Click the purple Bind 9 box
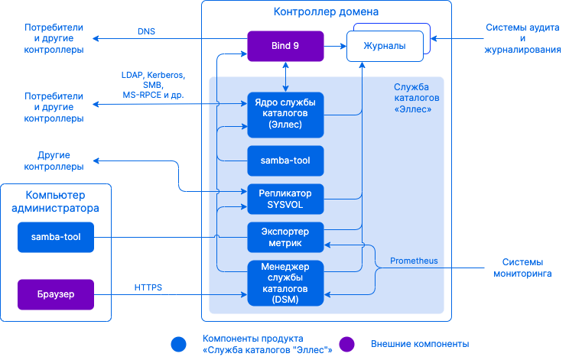click(x=285, y=46)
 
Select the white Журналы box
click(x=385, y=47)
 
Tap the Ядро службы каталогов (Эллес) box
click(x=285, y=114)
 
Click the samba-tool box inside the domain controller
click(x=285, y=161)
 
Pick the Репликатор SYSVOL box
click(x=285, y=199)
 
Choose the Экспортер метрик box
click(x=285, y=237)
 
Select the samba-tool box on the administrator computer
click(x=56, y=237)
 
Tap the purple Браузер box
click(x=56, y=294)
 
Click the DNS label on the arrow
click(x=146, y=32)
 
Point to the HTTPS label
click(x=148, y=287)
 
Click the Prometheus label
click(x=414, y=261)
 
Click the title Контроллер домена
click(x=325, y=12)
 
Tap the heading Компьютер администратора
click(x=56, y=201)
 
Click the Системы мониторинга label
click(x=522, y=267)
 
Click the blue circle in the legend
click(x=179, y=344)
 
